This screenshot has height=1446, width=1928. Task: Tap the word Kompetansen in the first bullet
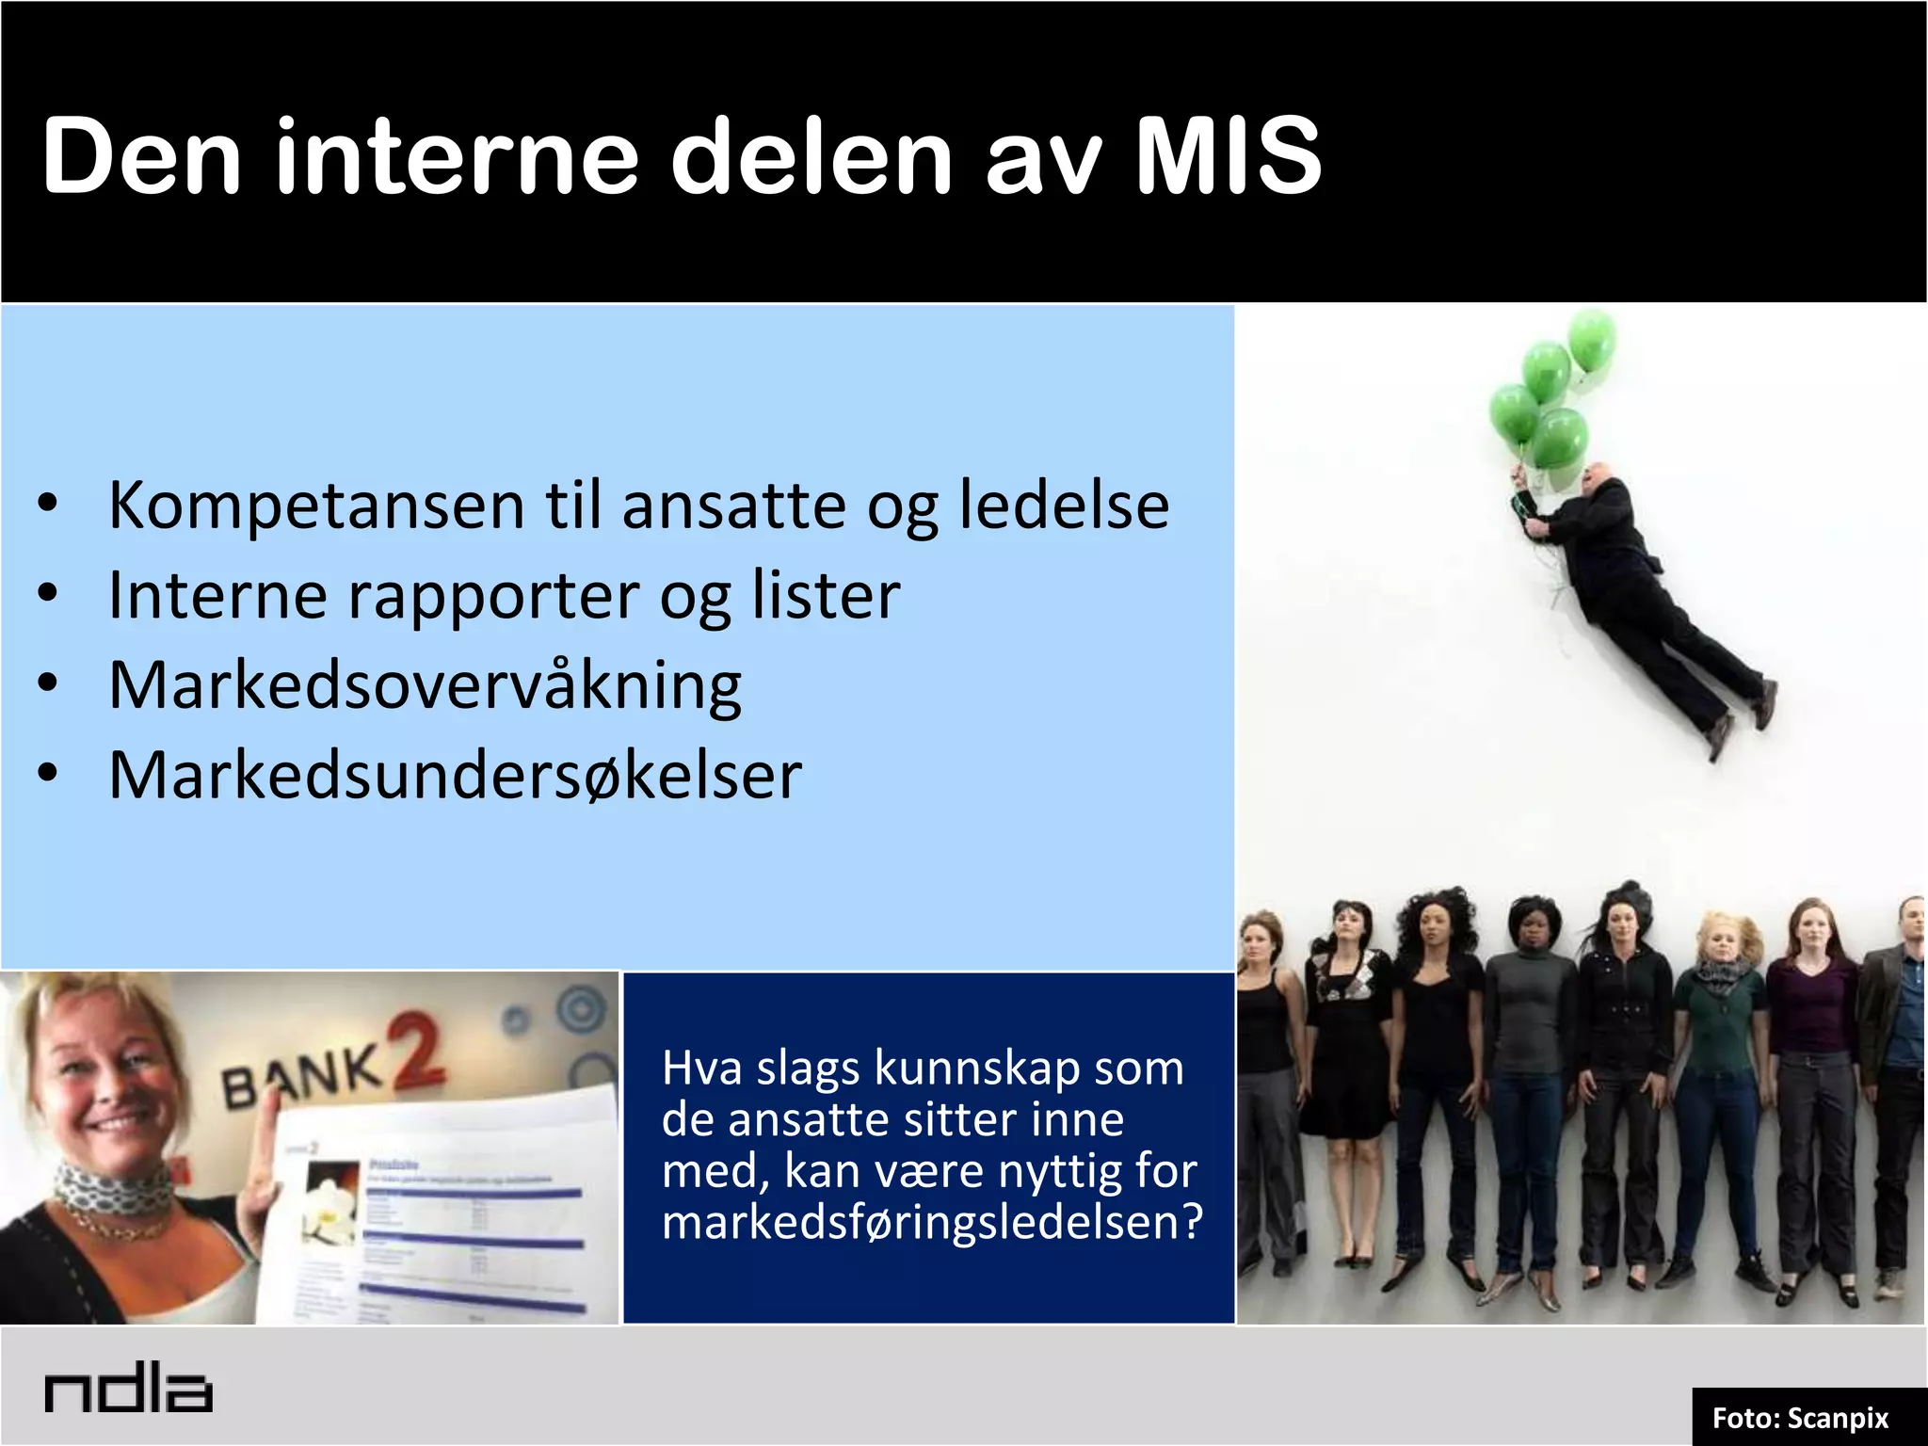pyautogui.click(x=315, y=506)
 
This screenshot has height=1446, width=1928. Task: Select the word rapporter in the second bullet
pyautogui.click(x=494, y=596)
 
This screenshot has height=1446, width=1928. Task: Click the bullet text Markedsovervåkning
pyautogui.click(x=425, y=686)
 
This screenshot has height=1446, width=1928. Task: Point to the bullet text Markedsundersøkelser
pyautogui.click(x=455, y=776)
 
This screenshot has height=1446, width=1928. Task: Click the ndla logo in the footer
pyautogui.click(x=128, y=1390)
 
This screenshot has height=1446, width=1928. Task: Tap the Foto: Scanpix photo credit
pyautogui.click(x=1800, y=1418)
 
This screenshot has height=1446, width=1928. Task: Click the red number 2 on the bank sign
pyautogui.click(x=413, y=1051)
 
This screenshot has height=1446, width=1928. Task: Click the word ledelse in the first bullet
pyautogui.click(x=1064, y=506)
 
